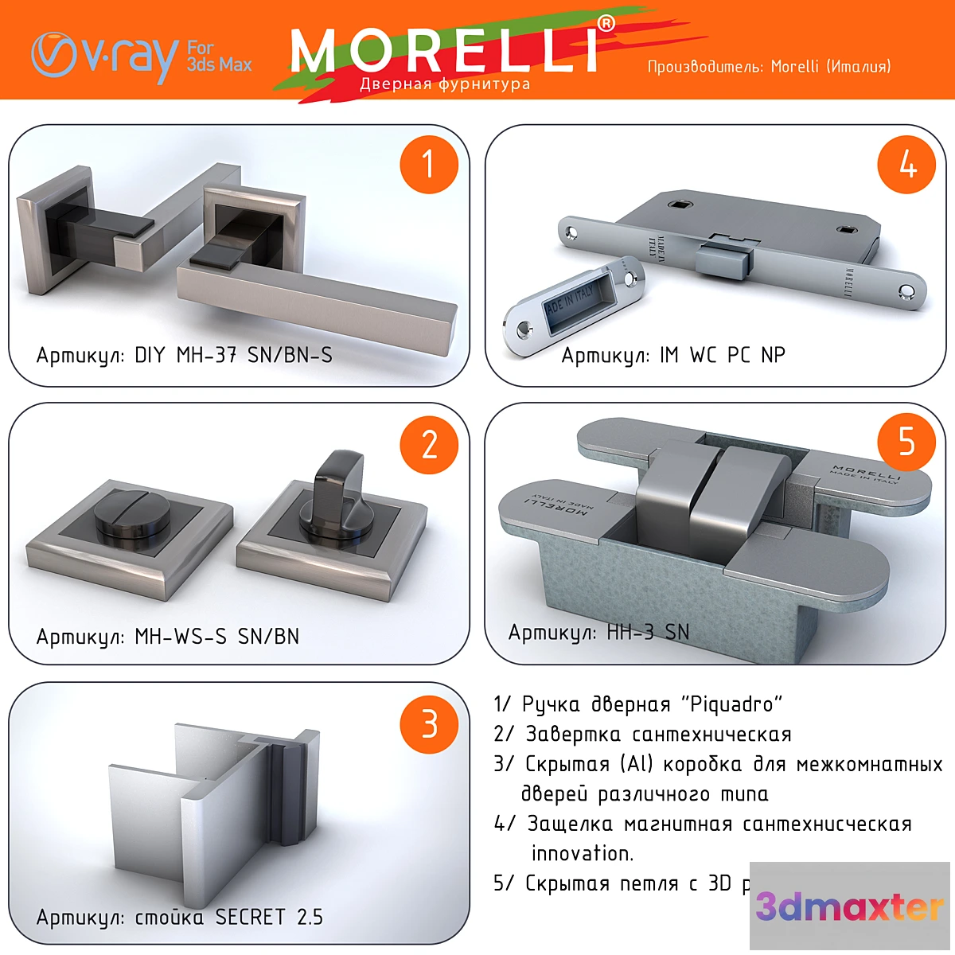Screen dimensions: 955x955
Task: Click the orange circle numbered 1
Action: click(429, 165)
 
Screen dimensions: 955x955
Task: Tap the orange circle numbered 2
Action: click(429, 444)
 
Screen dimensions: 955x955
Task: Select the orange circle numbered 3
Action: click(429, 724)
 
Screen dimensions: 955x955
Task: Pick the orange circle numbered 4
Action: click(906, 165)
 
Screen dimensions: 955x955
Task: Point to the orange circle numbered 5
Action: click(906, 442)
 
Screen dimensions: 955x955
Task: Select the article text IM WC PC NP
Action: click(722, 355)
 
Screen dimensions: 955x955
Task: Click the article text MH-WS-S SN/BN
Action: click(216, 637)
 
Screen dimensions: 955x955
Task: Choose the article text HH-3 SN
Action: click(648, 633)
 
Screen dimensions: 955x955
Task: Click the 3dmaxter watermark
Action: click(849, 906)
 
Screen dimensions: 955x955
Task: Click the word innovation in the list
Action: click(582, 853)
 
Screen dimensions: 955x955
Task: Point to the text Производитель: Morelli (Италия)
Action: click(769, 67)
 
